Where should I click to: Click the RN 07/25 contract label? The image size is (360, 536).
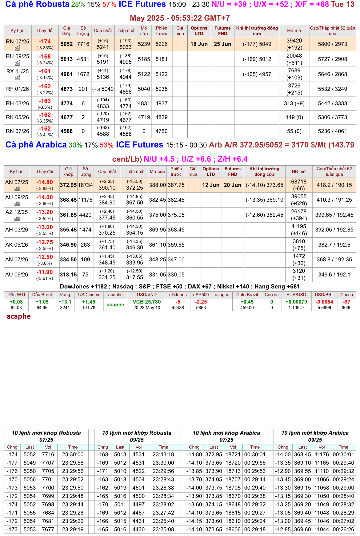[18, 42]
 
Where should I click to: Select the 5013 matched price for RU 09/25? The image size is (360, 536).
[66, 59]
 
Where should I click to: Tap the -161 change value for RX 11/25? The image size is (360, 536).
[45, 71]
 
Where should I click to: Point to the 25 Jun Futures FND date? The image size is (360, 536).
[222, 44]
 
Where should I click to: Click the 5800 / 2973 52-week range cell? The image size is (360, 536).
[332, 44]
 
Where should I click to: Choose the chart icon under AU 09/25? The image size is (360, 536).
[17, 204]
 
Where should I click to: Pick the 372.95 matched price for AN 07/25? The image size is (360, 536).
[68, 185]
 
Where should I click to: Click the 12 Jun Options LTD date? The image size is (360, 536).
[211, 185]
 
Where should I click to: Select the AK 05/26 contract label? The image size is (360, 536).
[17, 245]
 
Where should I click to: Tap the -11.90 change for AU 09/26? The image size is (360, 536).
[45, 272]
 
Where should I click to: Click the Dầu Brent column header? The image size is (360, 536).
[42, 295]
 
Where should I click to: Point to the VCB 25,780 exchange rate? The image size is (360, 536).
[147, 302]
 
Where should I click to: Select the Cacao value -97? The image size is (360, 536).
[346, 302]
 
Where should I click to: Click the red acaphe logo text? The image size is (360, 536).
[19, 316]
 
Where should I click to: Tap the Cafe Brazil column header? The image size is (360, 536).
[247, 295]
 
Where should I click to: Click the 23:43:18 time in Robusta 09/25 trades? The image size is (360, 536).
[163, 454]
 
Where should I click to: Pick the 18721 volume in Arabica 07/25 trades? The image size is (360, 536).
[233, 454]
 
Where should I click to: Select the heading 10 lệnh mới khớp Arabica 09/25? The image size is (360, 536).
[315, 436]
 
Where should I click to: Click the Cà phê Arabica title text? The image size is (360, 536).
[36, 145]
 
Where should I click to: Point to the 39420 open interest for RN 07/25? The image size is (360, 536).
[294, 41]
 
